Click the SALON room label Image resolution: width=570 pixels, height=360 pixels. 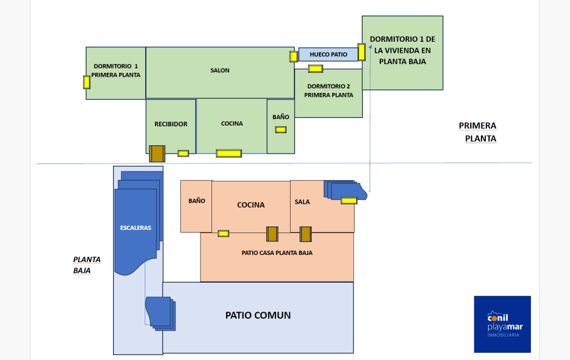click(x=220, y=71)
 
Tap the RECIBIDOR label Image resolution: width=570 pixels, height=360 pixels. click(x=171, y=124)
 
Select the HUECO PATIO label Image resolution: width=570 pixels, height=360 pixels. click(x=328, y=55)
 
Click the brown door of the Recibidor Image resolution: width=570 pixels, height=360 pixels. click(x=157, y=154)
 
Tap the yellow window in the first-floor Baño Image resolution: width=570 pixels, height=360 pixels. click(x=281, y=130)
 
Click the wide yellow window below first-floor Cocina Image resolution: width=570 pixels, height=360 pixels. click(x=229, y=153)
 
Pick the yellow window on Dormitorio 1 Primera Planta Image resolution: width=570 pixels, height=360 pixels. click(x=87, y=82)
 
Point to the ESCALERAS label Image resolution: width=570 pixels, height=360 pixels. click(x=136, y=228)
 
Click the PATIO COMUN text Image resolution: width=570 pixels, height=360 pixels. click(x=258, y=315)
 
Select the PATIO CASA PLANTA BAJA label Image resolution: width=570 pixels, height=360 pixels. click(x=277, y=253)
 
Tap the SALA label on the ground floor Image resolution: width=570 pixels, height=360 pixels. click(x=302, y=202)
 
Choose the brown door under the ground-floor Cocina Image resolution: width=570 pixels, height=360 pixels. click(x=272, y=234)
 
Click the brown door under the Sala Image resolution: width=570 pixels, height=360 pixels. click(x=306, y=234)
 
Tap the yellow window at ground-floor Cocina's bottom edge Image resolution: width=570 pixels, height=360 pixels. click(x=223, y=233)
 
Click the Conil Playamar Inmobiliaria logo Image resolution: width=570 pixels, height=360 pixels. click(x=502, y=324)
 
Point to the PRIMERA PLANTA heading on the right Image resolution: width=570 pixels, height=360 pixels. click(x=478, y=132)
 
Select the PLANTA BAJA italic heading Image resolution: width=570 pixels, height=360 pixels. click(x=87, y=265)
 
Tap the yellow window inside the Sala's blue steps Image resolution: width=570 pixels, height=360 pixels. click(x=349, y=200)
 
